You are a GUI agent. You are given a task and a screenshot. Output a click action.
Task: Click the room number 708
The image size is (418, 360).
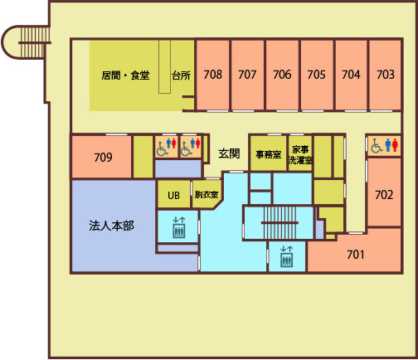tap(212, 75)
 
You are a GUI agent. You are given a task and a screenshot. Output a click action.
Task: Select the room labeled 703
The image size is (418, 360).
tap(386, 75)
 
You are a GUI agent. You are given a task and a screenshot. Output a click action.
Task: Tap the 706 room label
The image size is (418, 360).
tap(282, 75)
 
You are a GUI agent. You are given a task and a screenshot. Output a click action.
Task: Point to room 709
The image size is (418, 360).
tap(103, 158)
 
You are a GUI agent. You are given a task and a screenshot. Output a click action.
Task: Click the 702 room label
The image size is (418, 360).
tap(384, 195)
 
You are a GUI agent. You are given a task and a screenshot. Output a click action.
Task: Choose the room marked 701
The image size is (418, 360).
tap(356, 255)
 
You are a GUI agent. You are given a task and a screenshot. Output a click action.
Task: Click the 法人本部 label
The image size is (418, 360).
tap(111, 226)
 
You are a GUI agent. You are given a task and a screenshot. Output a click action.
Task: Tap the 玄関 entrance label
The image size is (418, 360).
tap(229, 153)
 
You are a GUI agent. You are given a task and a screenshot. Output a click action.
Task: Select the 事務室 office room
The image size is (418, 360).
tap(268, 154)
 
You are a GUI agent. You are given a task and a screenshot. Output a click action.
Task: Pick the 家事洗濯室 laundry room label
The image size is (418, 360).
tap(300, 155)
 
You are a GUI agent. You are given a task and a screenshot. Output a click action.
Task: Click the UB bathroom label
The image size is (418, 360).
tap(173, 196)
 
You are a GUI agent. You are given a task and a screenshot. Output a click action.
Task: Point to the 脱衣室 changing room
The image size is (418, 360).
tap(207, 195)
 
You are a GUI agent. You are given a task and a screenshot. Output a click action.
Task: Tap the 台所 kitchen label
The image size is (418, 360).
tap(181, 75)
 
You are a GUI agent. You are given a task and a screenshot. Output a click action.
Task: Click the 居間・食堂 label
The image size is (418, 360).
tap(125, 75)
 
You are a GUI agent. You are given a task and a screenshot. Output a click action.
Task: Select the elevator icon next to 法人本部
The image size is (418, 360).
tap(179, 227)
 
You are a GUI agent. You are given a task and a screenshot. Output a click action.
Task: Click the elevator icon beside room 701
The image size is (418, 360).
tap(286, 256)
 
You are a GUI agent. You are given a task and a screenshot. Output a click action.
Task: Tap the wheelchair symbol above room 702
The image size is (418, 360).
tap(377, 146)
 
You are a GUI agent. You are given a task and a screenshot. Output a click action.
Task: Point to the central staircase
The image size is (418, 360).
tap(279, 222)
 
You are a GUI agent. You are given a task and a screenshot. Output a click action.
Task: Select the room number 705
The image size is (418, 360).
tap(316, 75)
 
